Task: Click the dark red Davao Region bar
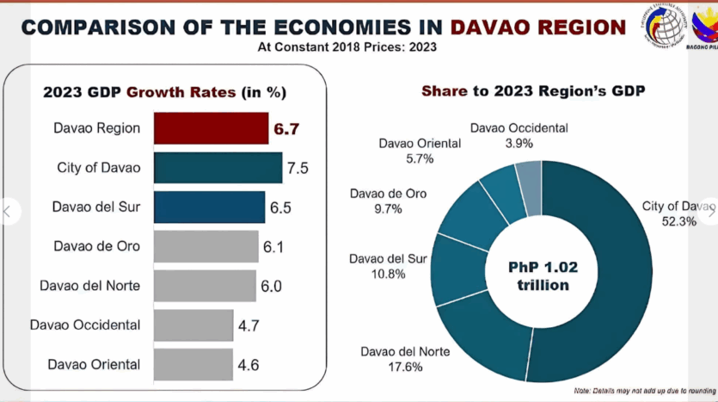[x=211, y=128]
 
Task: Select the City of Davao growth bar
[x=218, y=168]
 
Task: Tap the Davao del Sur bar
[x=209, y=207]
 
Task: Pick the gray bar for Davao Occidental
[x=193, y=325]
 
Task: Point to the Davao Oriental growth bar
[x=193, y=364]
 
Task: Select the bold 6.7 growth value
[x=285, y=129]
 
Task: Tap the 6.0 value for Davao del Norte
[x=271, y=286]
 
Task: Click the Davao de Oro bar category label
[x=96, y=246]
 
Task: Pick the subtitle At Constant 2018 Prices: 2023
[x=347, y=47]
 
